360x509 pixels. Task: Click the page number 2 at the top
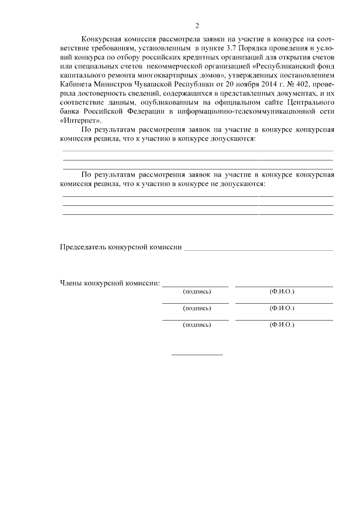pos(197,25)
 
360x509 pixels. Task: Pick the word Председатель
pos(84,247)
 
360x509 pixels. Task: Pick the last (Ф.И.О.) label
pos(282,325)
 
